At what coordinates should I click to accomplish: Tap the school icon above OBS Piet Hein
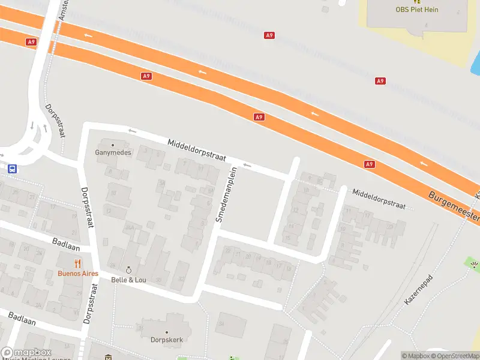pyautogui.click(x=416, y=2)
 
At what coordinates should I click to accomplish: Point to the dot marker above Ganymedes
pyautogui.click(x=113, y=145)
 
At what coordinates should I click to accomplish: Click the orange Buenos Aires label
pyautogui.click(x=78, y=274)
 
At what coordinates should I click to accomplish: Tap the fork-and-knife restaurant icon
pyautogui.click(x=78, y=263)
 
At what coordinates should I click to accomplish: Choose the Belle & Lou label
pyautogui.click(x=128, y=280)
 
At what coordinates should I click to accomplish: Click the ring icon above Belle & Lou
pyautogui.click(x=128, y=270)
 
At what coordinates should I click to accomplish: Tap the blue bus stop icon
pyautogui.click(x=12, y=169)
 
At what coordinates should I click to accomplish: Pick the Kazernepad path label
pyautogui.click(x=419, y=290)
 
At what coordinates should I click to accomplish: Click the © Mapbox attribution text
pyautogui.click(x=416, y=356)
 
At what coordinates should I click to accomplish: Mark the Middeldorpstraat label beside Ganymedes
pyautogui.click(x=197, y=149)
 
